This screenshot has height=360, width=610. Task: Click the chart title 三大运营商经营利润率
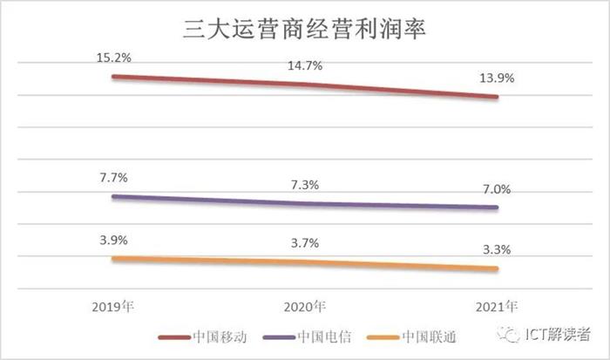point(305,28)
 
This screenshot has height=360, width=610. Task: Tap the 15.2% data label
point(113,58)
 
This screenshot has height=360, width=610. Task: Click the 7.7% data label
point(113,177)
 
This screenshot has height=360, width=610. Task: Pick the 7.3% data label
point(305,184)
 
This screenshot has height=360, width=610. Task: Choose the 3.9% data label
point(113,239)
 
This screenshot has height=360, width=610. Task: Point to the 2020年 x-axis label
point(305,307)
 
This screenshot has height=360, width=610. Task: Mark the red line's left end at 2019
point(113,77)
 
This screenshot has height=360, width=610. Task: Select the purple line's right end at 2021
point(498,207)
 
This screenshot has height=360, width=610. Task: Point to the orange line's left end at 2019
point(113,258)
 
